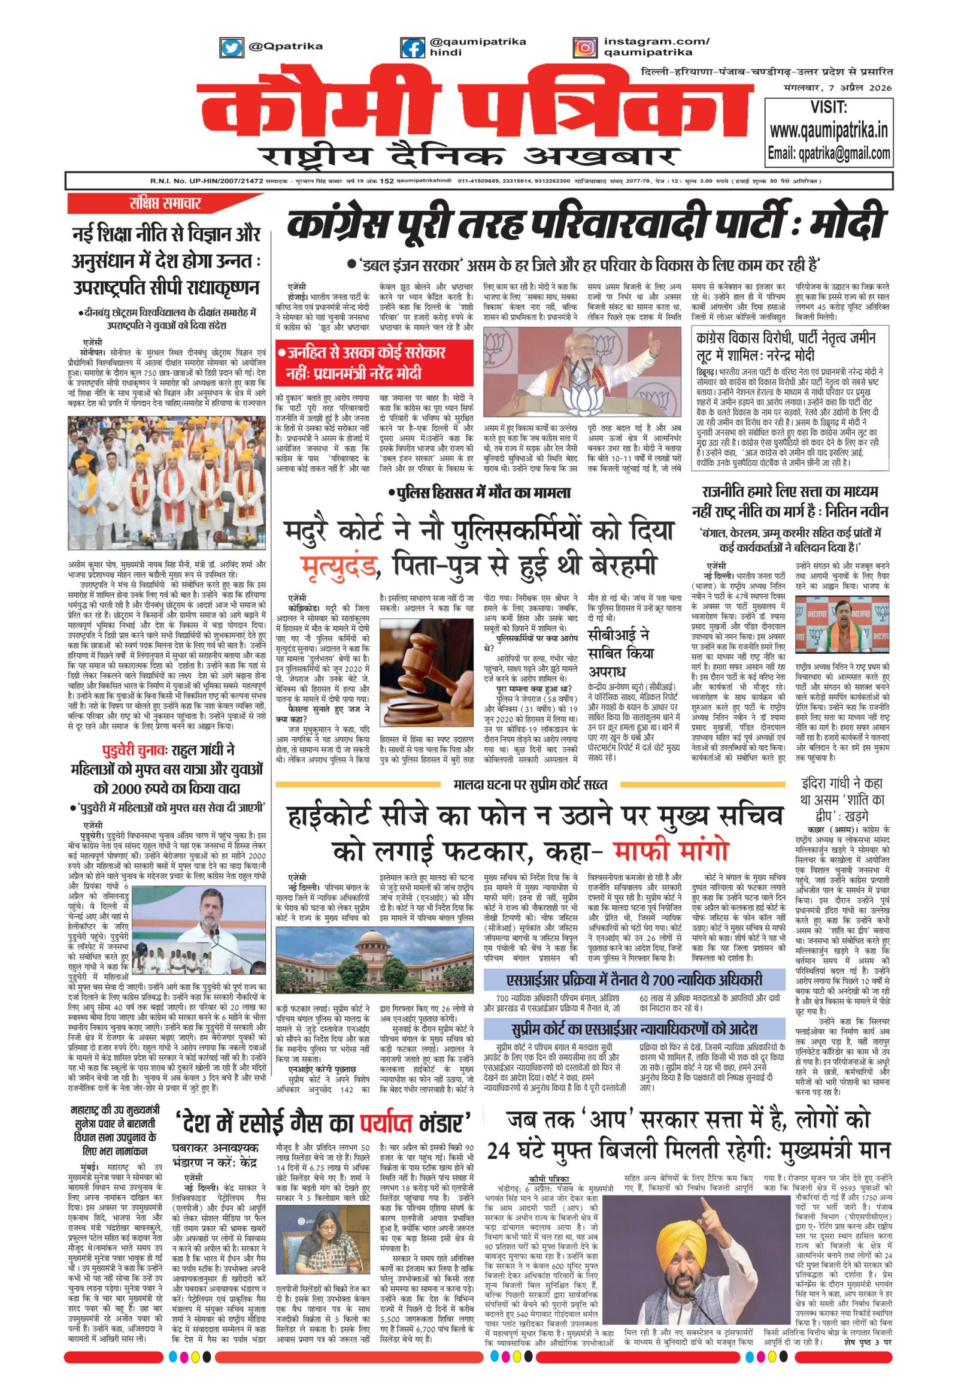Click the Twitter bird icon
(231, 47)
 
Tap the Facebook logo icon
(412, 47)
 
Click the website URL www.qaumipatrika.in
(829, 130)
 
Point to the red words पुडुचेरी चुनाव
(136, 750)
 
